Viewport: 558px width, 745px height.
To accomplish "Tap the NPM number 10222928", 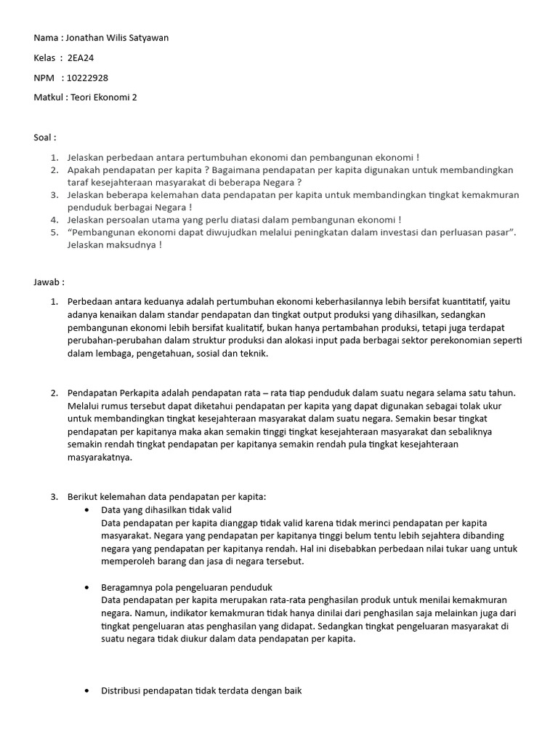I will pos(87,77).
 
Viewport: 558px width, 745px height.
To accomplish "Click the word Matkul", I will pos(49,97).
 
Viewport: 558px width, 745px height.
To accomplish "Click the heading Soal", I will pos(44,137).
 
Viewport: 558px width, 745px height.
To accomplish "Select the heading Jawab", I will pos(49,282).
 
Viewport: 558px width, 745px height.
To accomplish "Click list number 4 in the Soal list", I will pos(54,219).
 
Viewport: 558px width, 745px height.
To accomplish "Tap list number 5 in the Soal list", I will pos(54,232).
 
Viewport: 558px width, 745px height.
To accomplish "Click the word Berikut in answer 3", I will pos(84,497).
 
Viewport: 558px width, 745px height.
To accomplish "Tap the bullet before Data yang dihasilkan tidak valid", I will pos(87,511).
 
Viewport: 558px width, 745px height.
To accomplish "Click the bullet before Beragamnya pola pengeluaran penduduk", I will pos(87,587).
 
